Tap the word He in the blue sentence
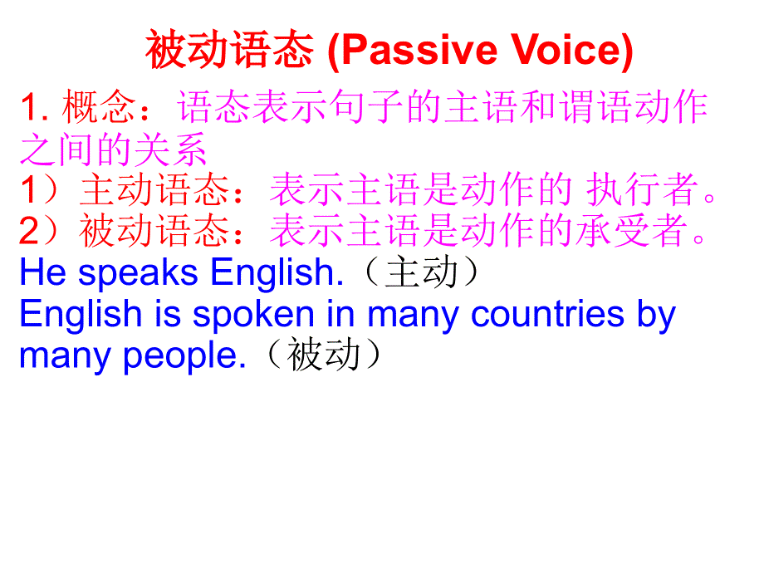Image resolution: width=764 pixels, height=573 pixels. (x=37, y=273)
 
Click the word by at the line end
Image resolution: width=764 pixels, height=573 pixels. (x=657, y=316)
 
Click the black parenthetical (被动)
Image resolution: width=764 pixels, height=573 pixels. (x=324, y=356)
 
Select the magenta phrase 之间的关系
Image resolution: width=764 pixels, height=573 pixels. (x=113, y=150)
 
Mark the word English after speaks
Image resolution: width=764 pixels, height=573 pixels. (x=277, y=273)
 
